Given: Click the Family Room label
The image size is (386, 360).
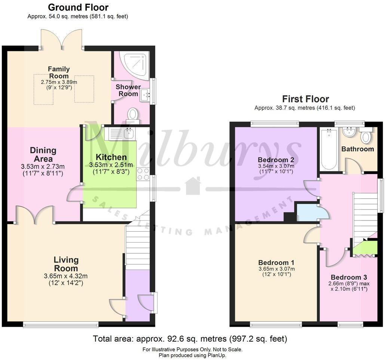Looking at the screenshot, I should [59, 72].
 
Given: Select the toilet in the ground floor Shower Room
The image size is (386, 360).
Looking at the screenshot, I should [132, 115].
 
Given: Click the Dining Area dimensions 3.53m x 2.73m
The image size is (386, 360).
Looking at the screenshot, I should [43, 167].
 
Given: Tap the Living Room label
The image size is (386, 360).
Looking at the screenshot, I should [66, 264].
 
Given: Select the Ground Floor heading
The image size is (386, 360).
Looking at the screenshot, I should [78, 7].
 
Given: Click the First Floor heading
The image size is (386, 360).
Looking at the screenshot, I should [305, 99].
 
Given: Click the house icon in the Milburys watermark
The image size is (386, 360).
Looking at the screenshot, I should [193, 186].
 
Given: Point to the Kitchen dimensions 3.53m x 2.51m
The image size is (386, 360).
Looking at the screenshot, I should [111, 165].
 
